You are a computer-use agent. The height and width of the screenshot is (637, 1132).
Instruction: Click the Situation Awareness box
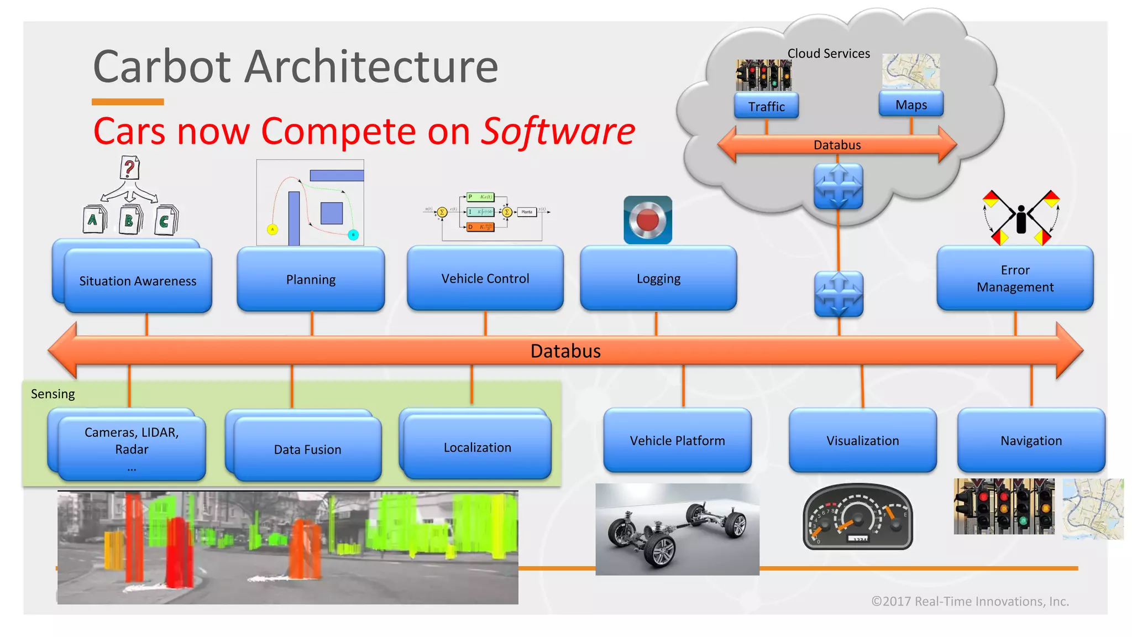tap(138, 280)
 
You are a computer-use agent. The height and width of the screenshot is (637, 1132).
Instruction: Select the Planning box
tap(311, 279)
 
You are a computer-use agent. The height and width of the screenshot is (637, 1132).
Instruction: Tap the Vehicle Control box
tap(485, 278)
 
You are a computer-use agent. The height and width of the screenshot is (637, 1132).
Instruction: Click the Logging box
tap(658, 278)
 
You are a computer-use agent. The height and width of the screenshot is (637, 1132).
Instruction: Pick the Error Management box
tap(1015, 278)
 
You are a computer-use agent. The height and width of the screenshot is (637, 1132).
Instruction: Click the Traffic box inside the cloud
tap(766, 106)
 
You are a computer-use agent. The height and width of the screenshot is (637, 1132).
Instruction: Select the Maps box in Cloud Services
tap(911, 105)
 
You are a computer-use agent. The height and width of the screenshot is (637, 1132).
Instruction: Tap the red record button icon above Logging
tap(648, 220)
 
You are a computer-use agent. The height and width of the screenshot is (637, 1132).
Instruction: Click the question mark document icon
tap(129, 168)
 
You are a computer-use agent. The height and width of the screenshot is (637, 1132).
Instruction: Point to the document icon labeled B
tap(129, 220)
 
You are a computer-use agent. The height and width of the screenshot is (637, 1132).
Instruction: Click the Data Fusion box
tap(307, 449)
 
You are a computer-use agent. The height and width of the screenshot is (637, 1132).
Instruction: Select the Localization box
tap(477, 447)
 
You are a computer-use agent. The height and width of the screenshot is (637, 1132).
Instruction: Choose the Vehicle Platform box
tap(677, 440)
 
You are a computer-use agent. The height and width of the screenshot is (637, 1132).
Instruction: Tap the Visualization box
tap(862, 440)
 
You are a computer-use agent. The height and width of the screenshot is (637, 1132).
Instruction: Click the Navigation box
tap(1031, 440)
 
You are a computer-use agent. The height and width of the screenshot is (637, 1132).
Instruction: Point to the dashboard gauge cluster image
tap(857, 517)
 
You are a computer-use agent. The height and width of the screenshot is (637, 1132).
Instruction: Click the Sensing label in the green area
tap(53, 394)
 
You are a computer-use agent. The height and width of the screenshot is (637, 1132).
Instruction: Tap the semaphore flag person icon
tap(1021, 218)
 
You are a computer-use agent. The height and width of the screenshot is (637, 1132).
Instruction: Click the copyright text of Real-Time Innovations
tap(970, 601)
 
